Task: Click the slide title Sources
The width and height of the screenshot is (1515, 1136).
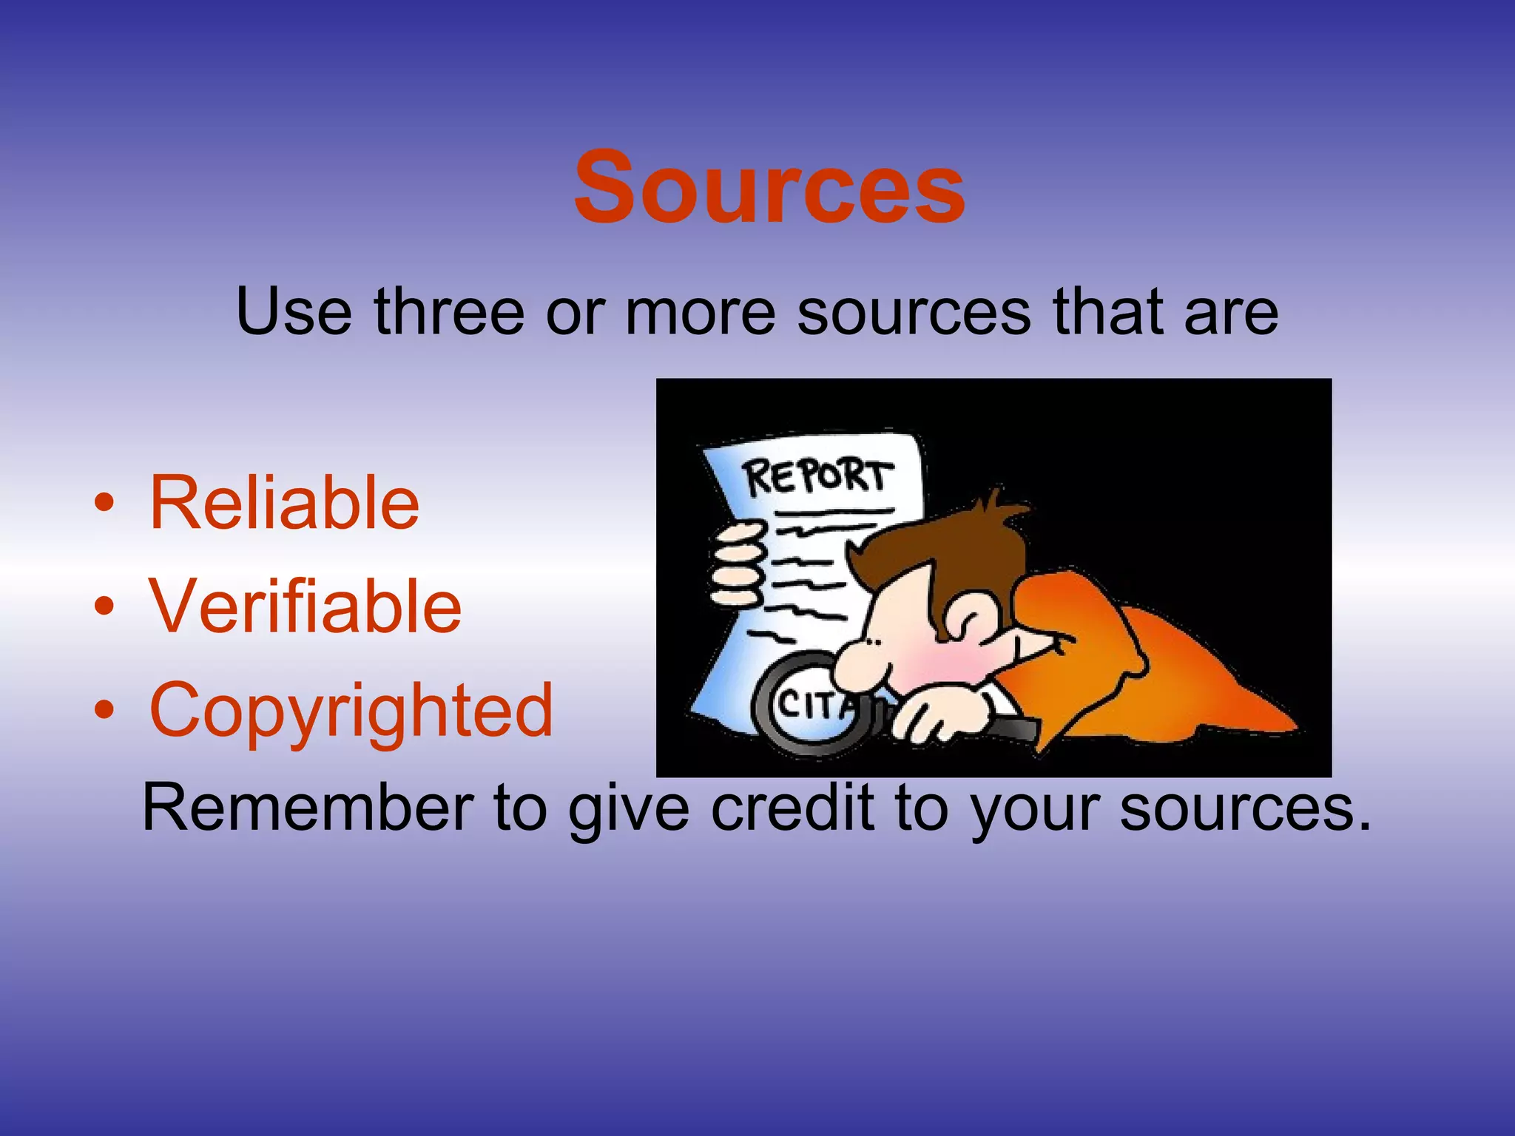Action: click(769, 187)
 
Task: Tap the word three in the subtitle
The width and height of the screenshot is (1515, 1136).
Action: click(449, 312)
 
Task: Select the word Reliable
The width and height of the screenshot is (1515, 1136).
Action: click(284, 504)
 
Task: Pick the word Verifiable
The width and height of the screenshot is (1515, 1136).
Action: click(306, 606)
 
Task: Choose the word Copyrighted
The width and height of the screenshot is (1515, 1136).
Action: click(351, 711)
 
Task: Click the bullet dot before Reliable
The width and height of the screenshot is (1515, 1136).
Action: click(104, 504)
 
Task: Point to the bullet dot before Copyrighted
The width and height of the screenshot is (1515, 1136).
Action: click(104, 710)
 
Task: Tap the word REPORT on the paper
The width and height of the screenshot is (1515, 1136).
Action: click(817, 476)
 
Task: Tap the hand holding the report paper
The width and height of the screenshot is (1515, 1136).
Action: click(736, 562)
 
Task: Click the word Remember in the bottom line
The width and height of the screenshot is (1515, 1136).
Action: click(308, 808)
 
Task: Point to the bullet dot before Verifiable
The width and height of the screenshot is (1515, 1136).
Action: click(104, 607)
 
